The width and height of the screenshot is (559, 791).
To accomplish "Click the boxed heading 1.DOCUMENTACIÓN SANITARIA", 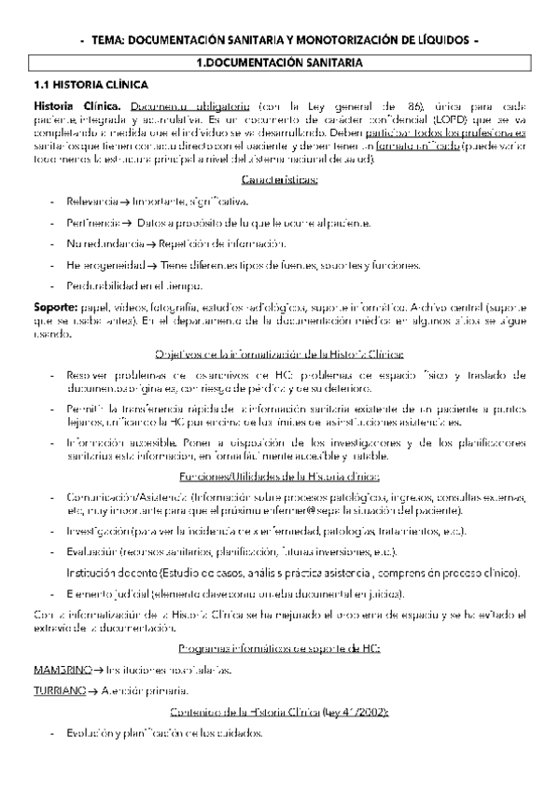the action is [279, 62].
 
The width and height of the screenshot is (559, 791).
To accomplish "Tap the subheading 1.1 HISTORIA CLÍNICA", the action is [79, 84].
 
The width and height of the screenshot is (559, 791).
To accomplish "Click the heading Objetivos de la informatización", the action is [279, 354].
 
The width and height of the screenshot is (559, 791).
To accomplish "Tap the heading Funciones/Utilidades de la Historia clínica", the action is [279, 475].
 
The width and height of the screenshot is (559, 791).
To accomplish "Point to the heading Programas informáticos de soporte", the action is [279, 648].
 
